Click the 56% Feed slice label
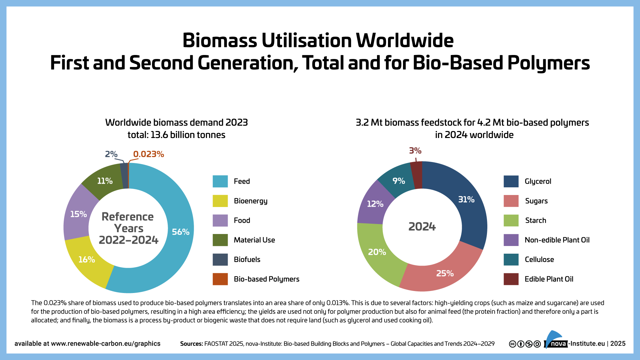pyautogui.click(x=180, y=232)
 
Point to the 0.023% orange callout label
pyautogui.click(x=148, y=154)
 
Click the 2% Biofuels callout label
pyautogui.click(x=111, y=154)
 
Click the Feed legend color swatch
pyautogui.click(x=220, y=181)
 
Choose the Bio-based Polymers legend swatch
pyautogui.click(x=220, y=279)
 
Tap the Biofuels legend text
pyautogui.click(x=247, y=259)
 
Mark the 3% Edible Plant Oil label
pyautogui.click(x=415, y=151)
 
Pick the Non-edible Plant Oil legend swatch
pyautogui.click(x=511, y=240)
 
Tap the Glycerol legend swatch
pyautogui.click(x=511, y=181)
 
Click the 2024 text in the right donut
pyautogui.click(x=422, y=227)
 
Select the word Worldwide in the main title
pyautogui.click(x=405, y=41)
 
